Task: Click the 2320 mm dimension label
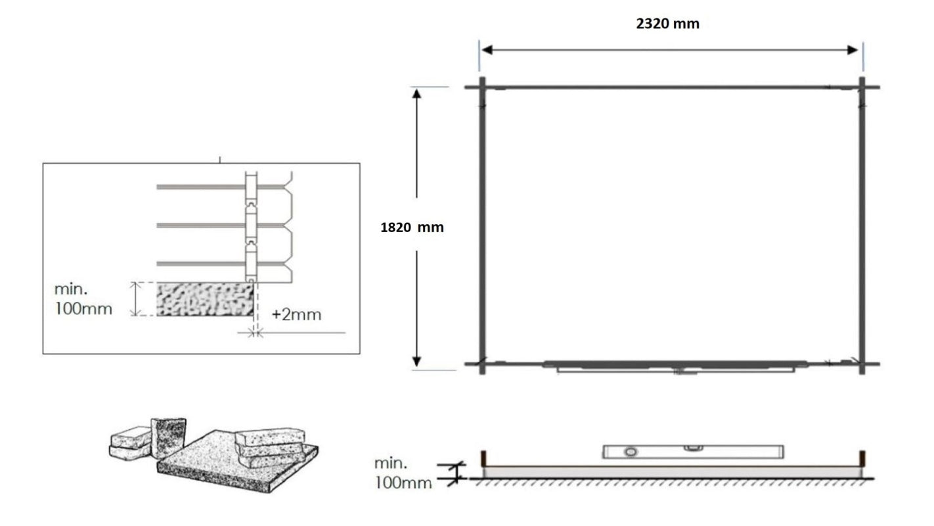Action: pos(667,24)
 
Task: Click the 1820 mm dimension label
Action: pos(412,228)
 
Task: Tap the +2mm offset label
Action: pos(297,314)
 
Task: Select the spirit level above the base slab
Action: pos(692,451)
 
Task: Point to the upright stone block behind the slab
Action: pos(168,437)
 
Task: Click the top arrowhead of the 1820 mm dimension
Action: pos(416,93)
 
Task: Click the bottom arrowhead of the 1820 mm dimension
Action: pos(416,360)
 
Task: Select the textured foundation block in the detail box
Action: pos(205,299)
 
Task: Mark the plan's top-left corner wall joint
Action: pos(482,87)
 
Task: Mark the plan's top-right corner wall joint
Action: pos(862,87)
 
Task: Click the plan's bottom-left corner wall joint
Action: pos(482,363)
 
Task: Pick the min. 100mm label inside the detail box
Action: pos(83,299)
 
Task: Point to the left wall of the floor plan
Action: pos(482,224)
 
